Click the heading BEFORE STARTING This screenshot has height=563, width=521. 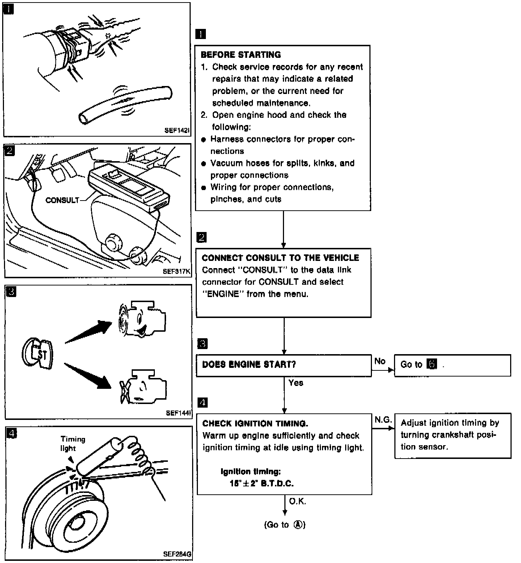pos(241,55)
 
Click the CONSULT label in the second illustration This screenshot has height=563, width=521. pos(62,200)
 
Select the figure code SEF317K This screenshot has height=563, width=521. pos(176,272)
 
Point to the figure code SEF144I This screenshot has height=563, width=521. pos(178,413)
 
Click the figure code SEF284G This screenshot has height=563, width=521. pos(177,554)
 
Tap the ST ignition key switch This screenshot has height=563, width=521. pos(38,354)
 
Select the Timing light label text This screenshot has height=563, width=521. pos(72,444)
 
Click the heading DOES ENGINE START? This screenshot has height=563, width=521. pos(249,364)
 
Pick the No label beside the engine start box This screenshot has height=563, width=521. pos(380,361)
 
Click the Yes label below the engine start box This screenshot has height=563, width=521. pos(296,383)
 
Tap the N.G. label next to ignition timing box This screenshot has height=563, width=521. pos(383,420)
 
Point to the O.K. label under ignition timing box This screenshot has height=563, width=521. pos(298,502)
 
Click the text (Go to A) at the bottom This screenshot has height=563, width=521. pos(285,525)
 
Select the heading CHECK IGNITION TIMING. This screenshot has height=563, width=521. pos(255,424)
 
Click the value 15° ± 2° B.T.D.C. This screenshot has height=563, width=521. pos(262,483)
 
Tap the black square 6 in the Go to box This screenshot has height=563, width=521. pos(432,364)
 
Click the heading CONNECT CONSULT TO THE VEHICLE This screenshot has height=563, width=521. pos(280,258)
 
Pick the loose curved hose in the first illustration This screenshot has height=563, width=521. pos(125,105)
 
